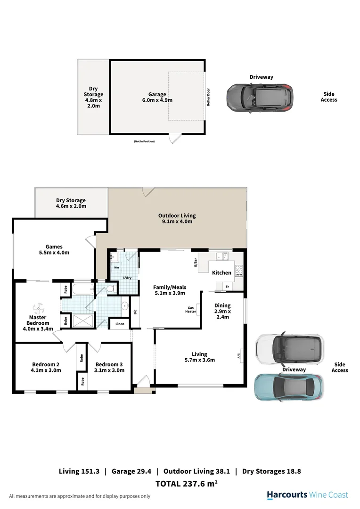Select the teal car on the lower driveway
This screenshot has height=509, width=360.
pyautogui.click(x=289, y=386)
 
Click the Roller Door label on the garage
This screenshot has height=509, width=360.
pyautogui.click(x=208, y=97)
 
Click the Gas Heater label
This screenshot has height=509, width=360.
pyautogui.click(x=190, y=309)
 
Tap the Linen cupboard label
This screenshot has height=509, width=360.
pyautogui.click(x=120, y=324)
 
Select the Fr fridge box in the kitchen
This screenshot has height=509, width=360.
pyautogui.click(x=227, y=287)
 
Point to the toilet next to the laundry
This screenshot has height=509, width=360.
pyautogui.click(x=109, y=288)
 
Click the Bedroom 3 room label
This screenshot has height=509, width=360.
pyautogui.click(x=109, y=367)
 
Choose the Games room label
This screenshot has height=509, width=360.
pyautogui.click(x=54, y=249)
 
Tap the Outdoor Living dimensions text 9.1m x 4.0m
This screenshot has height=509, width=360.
pyautogui.click(x=177, y=221)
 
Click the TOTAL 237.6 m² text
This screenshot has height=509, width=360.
pyautogui.click(x=186, y=483)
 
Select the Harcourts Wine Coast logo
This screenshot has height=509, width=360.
pyautogui.click(x=307, y=495)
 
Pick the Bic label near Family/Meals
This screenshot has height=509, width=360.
pyautogui.click(x=135, y=311)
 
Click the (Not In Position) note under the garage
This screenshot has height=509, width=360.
pyautogui.click(x=144, y=141)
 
